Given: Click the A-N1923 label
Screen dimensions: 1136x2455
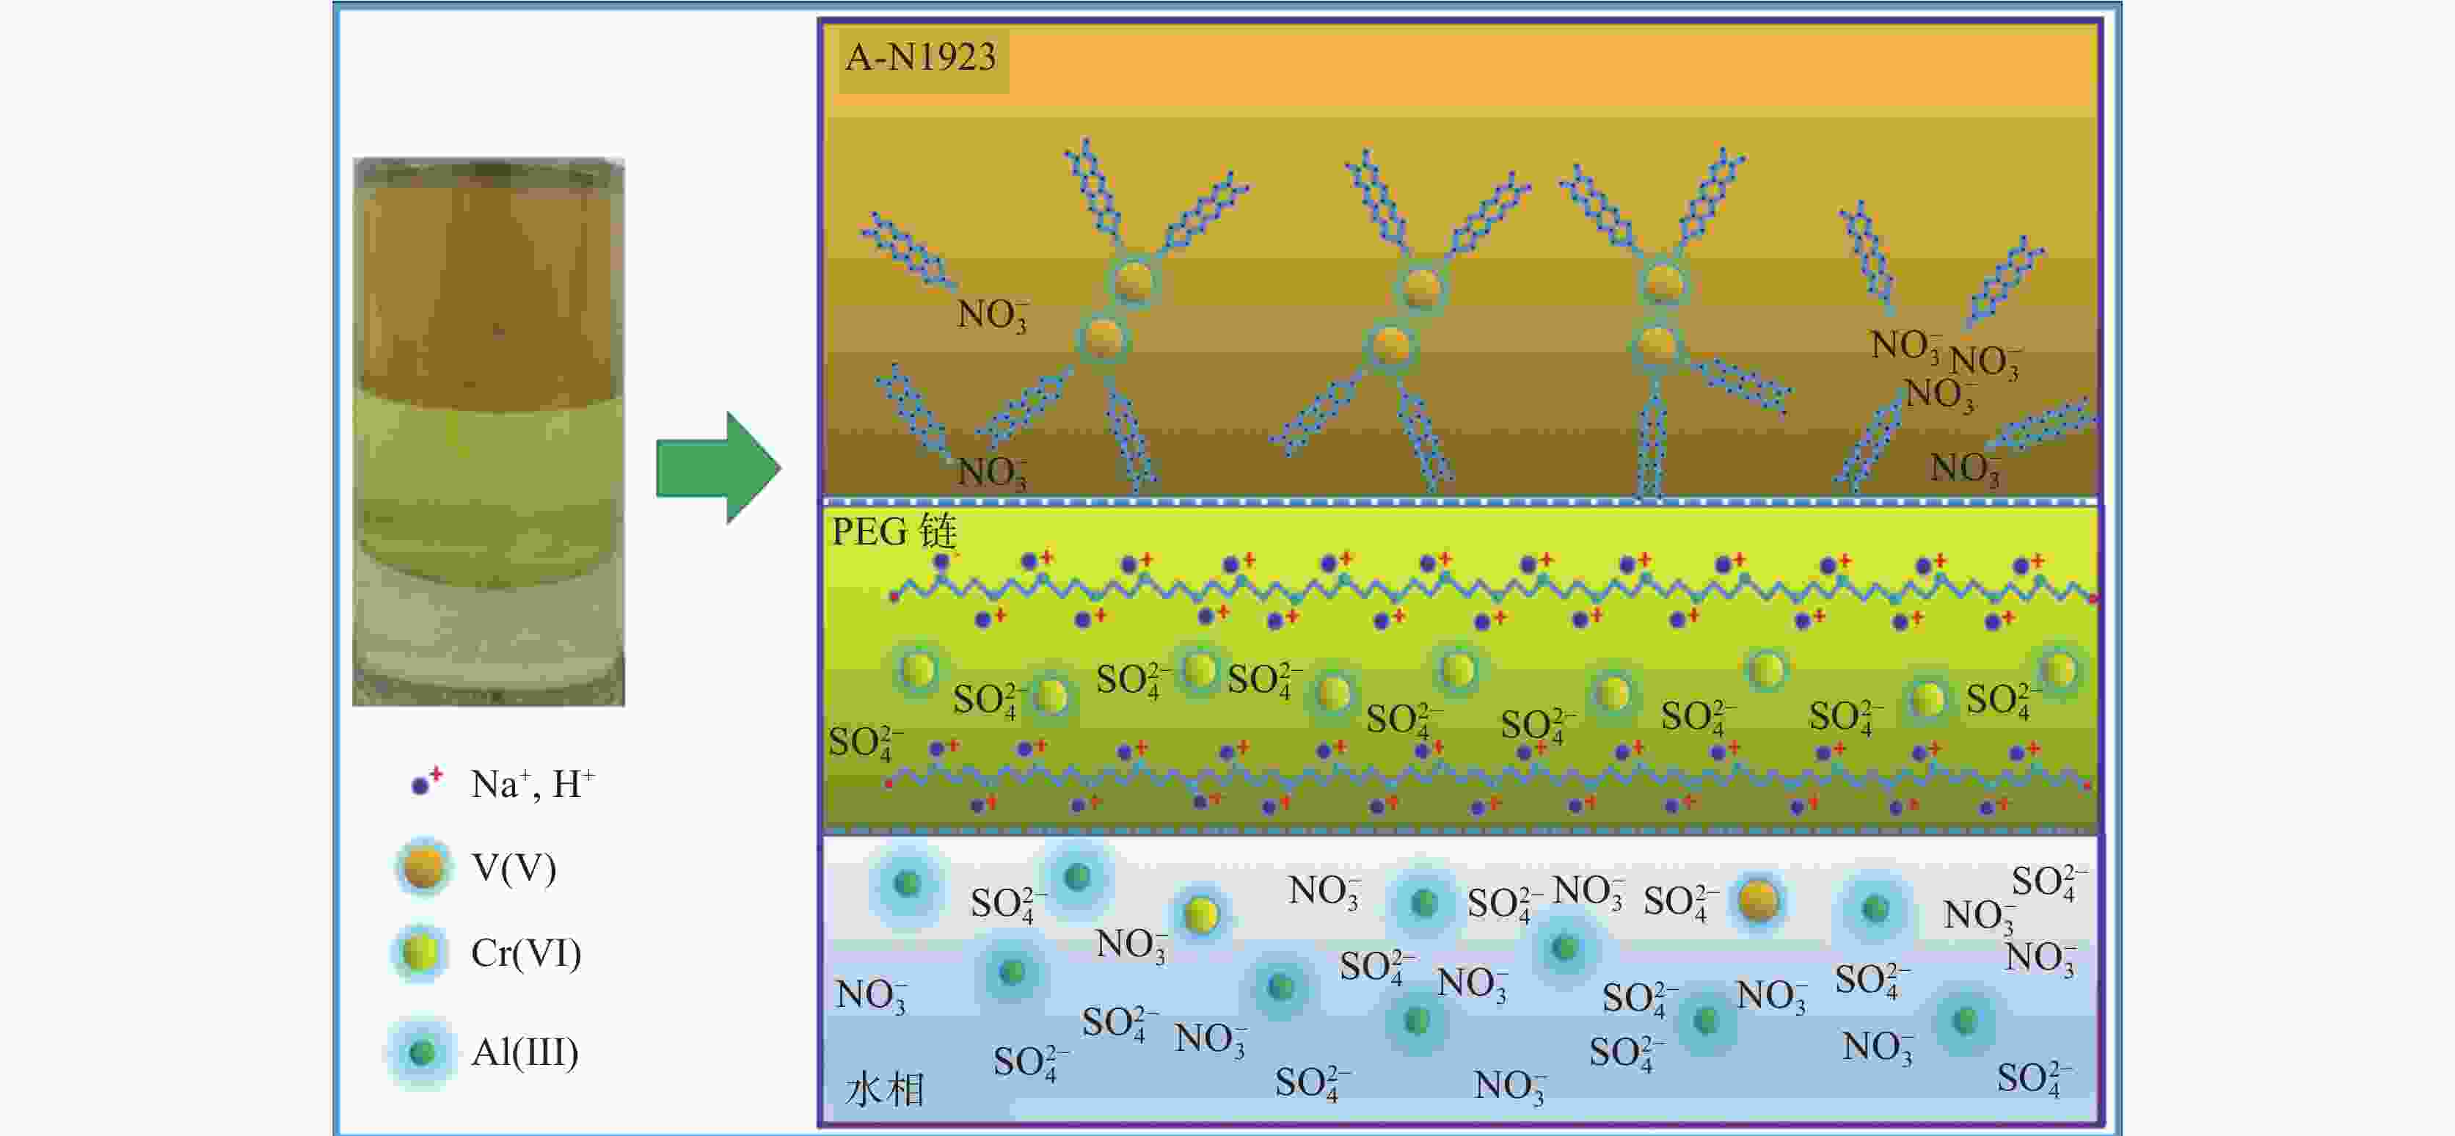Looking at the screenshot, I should pyautogui.click(x=921, y=58).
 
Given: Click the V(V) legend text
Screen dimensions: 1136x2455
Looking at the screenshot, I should pyautogui.click(x=514, y=868).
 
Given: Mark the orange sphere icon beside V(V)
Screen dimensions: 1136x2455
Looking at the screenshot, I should pyautogui.click(x=423, y=867).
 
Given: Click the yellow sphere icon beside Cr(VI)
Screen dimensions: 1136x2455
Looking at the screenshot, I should pyautogui.click(x=420, y=952).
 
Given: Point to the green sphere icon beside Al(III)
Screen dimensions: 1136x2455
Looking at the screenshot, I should pyautogui.click(x=421, y=1052).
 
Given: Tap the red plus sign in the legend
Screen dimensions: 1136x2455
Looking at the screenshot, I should pyautogui.click(x=436, y=774).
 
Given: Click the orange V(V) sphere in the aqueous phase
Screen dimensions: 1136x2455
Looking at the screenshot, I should pyautogui.click(x=1758, y=900).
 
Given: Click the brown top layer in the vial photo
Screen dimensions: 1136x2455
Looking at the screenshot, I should pyautogui.click(x=488, y=286).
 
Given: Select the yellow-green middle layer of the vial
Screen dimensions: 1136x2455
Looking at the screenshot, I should pyautogui.click(x=488, y=476).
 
